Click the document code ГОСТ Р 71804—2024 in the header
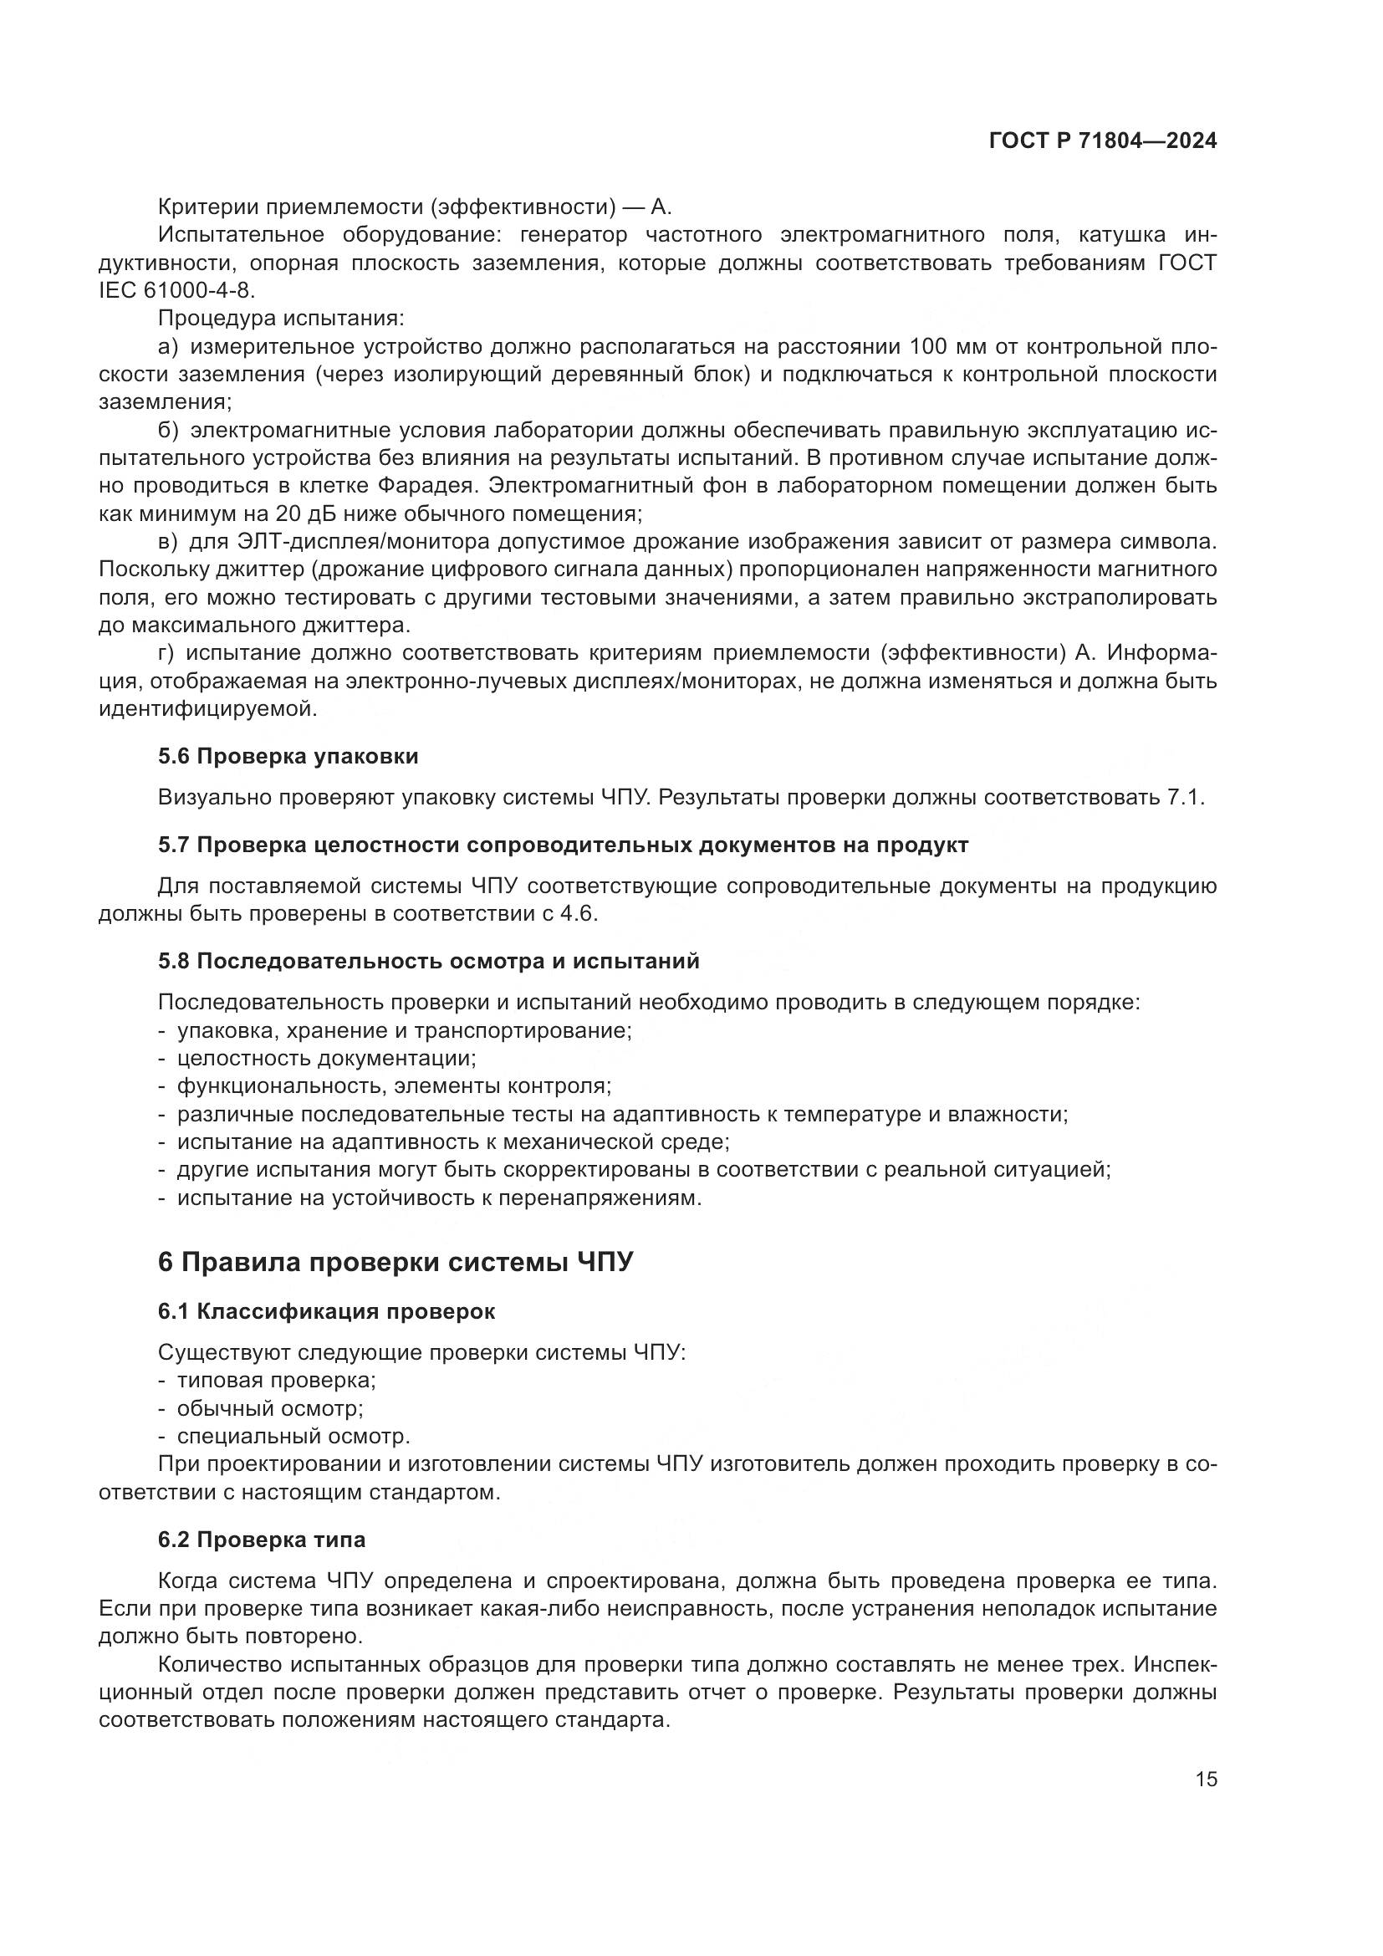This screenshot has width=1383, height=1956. (1103, 140)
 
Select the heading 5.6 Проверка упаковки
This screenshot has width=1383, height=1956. (288, 756)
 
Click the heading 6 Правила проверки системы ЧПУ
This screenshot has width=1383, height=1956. (396, 1262)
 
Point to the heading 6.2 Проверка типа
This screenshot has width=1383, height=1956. (262, 1540)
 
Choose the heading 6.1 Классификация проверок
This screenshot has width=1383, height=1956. (326, 1311)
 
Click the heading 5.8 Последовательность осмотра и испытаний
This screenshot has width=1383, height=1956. (428, 961)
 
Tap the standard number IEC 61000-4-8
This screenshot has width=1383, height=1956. (176, 290)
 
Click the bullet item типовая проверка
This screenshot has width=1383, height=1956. (276, 1380)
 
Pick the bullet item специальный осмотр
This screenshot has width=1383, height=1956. (293, 1437)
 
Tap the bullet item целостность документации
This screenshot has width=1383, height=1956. (326, 1058)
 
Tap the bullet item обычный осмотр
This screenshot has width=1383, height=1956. (270, 1408)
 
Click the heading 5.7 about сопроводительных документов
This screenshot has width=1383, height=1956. (563, 845)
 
